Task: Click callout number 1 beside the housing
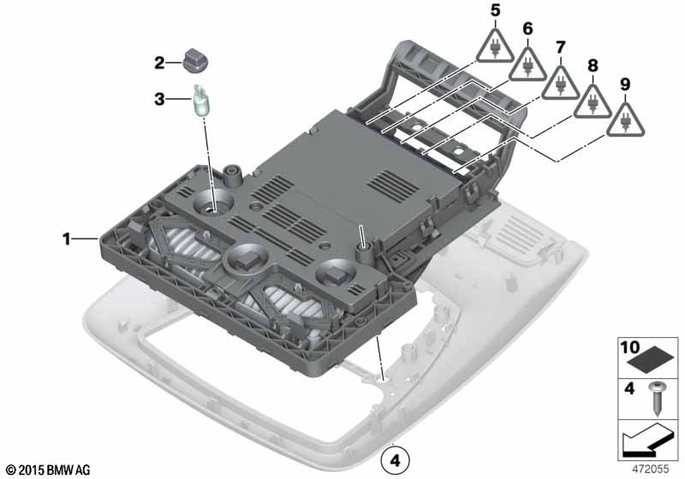67,239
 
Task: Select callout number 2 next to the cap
159,62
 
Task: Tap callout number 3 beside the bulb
159,99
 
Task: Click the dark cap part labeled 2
195,62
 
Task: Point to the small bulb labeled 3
201,100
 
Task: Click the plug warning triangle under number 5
495,48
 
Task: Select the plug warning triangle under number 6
527,67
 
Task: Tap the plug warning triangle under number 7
561,85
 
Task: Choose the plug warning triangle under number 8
593,103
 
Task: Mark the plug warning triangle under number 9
625,121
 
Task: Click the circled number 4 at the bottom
395,460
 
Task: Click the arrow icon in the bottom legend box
646,441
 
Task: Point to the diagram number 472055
651,470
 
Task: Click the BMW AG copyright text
49,470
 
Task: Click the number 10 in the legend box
630,347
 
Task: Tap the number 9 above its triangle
625,84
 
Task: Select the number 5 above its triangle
495,11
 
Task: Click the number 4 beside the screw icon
629,387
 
